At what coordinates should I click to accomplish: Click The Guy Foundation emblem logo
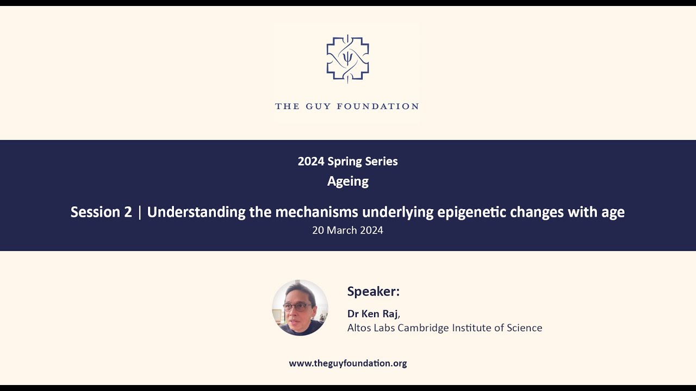point(347,58)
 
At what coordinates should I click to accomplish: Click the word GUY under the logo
point(317,106)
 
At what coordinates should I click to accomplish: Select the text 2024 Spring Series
point(347,161)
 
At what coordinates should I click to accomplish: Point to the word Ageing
point(347,181)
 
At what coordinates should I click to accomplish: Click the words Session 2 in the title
point(101,212)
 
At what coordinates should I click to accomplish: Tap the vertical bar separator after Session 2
point(140,212)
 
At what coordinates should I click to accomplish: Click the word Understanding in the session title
point(196,212)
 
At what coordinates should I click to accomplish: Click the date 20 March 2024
point(347,230)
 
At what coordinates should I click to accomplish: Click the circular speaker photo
point(300,308)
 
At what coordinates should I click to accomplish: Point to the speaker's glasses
point(296,307)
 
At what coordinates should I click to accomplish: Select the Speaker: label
point(373,292)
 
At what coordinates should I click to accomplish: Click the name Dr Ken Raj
point(373,314)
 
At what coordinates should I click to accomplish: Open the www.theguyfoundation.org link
point(347,363)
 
